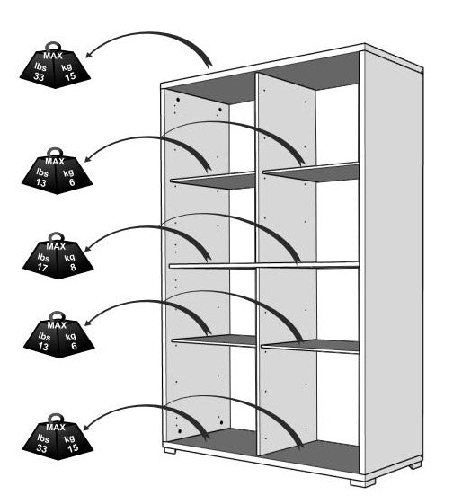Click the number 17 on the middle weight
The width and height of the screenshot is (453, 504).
point(42,268)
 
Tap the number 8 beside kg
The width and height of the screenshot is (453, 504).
point(73,267)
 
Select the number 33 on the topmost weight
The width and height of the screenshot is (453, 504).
point(39,77)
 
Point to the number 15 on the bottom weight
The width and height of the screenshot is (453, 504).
point(73,447)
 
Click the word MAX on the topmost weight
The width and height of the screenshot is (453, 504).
point(53,56)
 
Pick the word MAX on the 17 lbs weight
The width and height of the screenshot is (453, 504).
point(56,246)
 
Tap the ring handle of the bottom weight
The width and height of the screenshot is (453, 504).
point(56,418)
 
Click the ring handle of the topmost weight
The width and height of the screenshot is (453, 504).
point(53,47)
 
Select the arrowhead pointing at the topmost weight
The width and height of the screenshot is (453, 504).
point(90,54)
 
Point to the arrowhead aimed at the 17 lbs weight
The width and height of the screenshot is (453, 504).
point(88,247)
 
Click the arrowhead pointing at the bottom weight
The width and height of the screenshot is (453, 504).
point(87,426)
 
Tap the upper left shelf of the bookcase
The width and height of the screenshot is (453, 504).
point(213,180)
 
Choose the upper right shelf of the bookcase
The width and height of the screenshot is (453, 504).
point(311,172)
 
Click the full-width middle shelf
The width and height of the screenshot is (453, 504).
point(263,266)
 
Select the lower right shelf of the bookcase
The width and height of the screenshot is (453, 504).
point(310,347)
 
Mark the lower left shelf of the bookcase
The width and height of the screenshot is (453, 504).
point(214,341)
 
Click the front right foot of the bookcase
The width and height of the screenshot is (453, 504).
point(362,482)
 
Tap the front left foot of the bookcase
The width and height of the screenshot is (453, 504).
point(170,450)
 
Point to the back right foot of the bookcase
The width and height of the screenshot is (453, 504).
point(415,465)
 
